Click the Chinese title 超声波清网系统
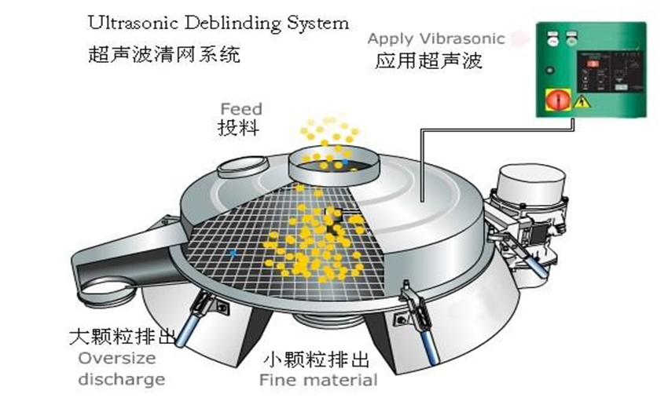tap(163, 56)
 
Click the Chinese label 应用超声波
tap(428, 60)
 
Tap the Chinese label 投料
tap(238, 128)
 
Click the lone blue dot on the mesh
tap(234, 253)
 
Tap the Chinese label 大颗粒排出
tap(117, 339)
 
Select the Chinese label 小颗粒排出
tap(315, 360)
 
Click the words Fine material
tap(318, 381)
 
